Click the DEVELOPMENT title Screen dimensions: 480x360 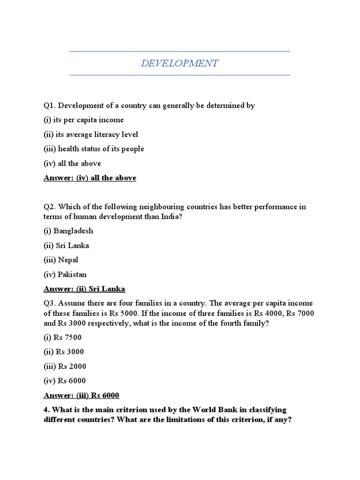tap(180, 63)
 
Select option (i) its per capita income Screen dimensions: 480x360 tap(84, 120)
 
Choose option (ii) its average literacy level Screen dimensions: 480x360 tap(91, 135)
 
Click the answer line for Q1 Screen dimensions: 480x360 tap(90, 178)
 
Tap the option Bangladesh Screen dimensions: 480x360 tap(68, 231)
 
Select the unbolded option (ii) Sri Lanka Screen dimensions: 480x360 tap(66, 245)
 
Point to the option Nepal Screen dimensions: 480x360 tap(61, 260)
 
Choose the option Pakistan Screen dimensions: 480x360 tap(65, 274)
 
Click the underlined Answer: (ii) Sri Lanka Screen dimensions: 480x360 tap(84, 289)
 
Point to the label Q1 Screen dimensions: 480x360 tap(49, 105)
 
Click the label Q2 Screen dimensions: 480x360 tap(49, 207)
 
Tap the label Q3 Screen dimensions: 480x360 tap(49, 303)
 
